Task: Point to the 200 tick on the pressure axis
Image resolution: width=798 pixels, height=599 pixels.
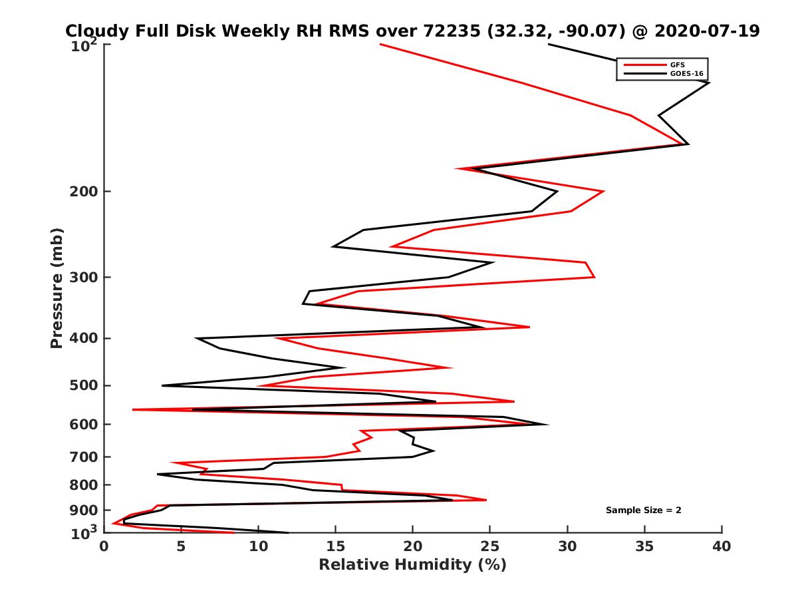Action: pos(84,192)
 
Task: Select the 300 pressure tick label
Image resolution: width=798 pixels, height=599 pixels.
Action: pos(84,278)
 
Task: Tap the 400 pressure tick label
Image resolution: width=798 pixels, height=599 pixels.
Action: pos(84,338)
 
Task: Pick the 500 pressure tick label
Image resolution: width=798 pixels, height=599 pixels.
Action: pos(84,385)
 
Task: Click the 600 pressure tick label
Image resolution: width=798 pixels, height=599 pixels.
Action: pos(84,424)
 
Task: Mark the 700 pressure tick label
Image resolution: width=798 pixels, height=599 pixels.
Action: pos(84,457)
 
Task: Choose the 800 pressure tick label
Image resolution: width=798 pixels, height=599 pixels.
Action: pos(84,485)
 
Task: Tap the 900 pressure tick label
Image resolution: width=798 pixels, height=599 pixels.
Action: pos(84,510)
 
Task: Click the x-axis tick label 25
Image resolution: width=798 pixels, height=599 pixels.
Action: pos(490,546)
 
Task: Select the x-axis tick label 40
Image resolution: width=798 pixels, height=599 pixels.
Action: pos(722,546)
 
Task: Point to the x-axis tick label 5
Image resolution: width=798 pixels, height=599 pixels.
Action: pos(182,546)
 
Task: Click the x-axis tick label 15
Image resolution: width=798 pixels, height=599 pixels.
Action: pos(336,546)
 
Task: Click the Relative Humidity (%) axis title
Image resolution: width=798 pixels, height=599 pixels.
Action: pos(412,565)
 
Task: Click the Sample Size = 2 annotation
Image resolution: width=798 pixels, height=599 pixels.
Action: pos(643,510)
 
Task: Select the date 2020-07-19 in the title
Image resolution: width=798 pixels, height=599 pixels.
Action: pos(706,31)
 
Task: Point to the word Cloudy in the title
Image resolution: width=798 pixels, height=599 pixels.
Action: pos(93,31)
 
